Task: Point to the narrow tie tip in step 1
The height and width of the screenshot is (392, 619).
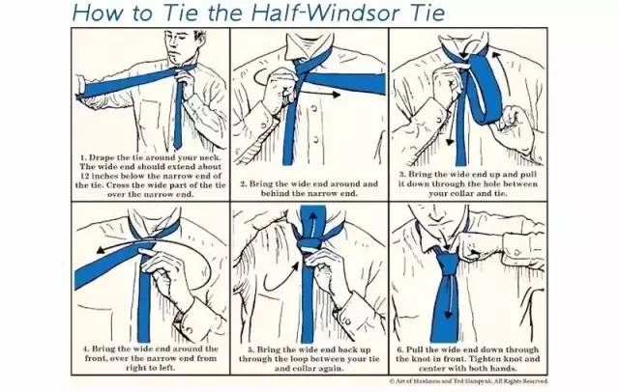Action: (178, 147)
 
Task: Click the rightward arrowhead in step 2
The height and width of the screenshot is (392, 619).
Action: (336, 95)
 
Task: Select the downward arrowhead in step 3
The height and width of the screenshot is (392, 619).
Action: (450, 141)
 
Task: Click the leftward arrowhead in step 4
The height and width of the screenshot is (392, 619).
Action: (101, 249)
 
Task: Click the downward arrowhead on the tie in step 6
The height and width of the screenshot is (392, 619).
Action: (449, 314)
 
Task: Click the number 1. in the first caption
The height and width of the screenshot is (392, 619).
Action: (84, 157)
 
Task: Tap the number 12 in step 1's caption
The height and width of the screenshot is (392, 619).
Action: (85, 176)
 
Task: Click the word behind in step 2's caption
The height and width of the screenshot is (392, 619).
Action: (275, 193)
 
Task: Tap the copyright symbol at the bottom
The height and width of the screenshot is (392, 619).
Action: (392, 381)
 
